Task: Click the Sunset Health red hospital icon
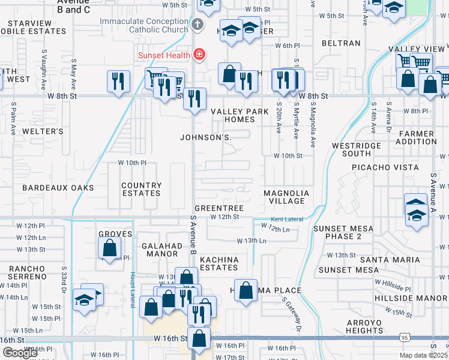pyautogui.click(x=199, y=55)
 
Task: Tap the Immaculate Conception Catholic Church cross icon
pyautogui.click(x=197, y=25)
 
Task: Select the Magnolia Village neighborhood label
pyautogui.click(x=286, y=197)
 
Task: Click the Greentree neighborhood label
pyautogui.click(x=218, y=208)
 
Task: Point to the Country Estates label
pyautogui.click(x=141, y=190)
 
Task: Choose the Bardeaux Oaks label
pyautogui.click(x=58, y=188)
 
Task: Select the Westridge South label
pyautogui.click(x=356, y=149)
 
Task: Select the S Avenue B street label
pyautogui.click(x=193, y=235)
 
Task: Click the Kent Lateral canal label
pyautogui.click(x=287, y=220)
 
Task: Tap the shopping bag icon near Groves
pyautogui.click(x=109, y=247)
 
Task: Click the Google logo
pyautogui.click(x=19, y=353)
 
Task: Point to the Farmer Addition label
pyautogui.click(x=415, y=137)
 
